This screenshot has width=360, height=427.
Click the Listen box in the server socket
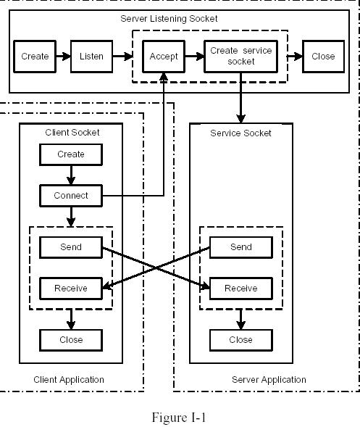pos(91,57)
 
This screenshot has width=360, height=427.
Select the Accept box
pos(164,57)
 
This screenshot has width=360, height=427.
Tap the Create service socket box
pos(240,57)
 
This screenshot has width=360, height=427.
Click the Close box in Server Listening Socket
pos(323,57)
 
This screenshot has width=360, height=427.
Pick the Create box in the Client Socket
pos(71,154)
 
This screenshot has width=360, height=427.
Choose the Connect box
pos(71,196)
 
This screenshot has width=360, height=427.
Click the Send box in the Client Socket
pos(71,247)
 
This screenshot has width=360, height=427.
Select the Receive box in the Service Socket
pos(241,289)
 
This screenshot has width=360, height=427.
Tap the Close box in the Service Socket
pos(241,340)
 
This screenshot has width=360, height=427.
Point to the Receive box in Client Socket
pos(71,289)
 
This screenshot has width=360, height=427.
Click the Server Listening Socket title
pos(169,19)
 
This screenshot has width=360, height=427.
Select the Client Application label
pos(69,380)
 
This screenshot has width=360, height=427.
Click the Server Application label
pos(269,380)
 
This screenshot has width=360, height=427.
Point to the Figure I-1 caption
pos(178,417)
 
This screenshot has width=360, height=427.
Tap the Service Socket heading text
pos(240,133)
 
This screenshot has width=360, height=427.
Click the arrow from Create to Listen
pos(63,57)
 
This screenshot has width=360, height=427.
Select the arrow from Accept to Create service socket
pos(195,57)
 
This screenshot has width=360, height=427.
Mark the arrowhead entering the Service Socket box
pos(240,119)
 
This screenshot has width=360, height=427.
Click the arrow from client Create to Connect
pos(71,175)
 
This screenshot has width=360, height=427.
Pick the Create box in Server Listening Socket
pos(35,57)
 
